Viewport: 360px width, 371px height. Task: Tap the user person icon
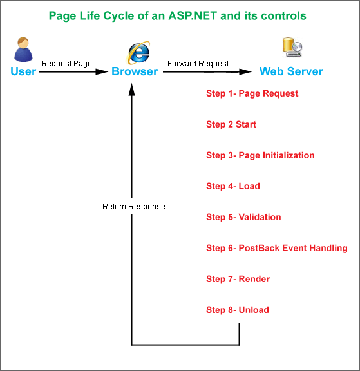point(23,50)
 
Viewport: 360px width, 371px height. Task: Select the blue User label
point(23,71)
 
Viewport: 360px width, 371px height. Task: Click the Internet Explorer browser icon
point(138,52)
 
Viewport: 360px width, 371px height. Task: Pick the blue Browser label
point(135,71)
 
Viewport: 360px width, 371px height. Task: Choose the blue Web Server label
point(291,71)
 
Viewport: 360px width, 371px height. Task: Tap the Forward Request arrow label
point(198,64)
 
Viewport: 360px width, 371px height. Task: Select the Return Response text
point(134,207)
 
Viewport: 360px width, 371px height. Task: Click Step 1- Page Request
point(252,93)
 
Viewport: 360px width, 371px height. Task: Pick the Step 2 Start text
point(231,124)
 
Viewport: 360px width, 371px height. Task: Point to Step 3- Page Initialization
point(260,155)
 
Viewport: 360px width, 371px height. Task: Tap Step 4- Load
point(232,186)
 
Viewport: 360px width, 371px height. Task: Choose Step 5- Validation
point(243,217)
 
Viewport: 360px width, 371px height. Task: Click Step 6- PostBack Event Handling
point(276,248)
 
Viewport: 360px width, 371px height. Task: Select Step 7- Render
point(238,279)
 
